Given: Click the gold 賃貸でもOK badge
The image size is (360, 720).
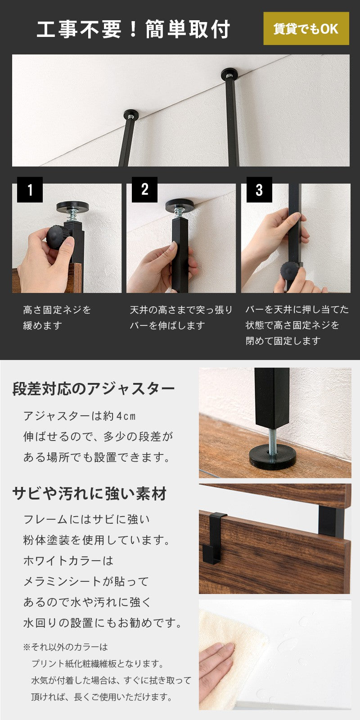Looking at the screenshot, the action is click(x=306, y=29).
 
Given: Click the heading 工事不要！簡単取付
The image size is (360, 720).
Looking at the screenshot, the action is click(x=133, y=29).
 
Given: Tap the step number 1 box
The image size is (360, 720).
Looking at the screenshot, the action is click(x=30, y=189).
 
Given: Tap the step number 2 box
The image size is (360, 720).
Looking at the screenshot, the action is click(x=144, y=189).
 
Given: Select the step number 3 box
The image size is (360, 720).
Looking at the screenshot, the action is click(x=259, y=189).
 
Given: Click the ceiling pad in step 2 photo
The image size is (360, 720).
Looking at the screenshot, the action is click(x=180, y=205).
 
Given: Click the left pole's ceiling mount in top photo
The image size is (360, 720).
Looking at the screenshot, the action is click(x=131, y=114).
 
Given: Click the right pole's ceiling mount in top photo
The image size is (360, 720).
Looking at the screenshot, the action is click(x=229, y=74).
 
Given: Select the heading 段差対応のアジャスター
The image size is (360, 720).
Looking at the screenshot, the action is click(x=94, y=389).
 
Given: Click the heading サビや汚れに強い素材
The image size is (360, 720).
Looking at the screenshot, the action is click(x=90, y=494).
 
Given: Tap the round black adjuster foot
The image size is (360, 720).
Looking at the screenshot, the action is click(x=273, y=457).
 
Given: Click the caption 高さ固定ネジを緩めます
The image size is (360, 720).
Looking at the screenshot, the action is click(x=57, y=318).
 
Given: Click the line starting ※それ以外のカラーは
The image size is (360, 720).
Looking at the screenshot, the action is click(x=66, y=647).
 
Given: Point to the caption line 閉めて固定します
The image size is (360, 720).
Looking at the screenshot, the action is click(x=283, y=341).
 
